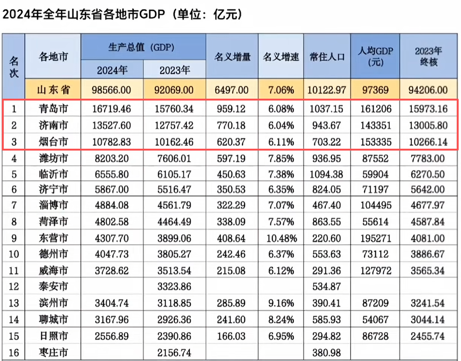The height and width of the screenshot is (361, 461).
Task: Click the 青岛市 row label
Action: pyautogui.click(x=53, y=109)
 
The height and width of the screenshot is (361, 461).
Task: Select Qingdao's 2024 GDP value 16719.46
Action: pyautogui.click(x=112, y=109)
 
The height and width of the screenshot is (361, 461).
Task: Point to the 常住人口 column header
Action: pyautogui.click(x=327, y=57)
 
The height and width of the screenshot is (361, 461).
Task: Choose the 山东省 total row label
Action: pyautogui.click(x=53, y=89)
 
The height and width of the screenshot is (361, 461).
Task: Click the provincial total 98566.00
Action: pyautogui.click(x=112, y=89)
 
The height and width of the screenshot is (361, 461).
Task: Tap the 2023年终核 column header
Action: pyautogui.click(x=428, y=56)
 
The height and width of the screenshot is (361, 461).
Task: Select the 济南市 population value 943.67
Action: pyautogui.click(x=327, y=125)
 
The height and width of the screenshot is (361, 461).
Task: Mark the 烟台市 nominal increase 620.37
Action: pyautogui.click(x=232, y=142)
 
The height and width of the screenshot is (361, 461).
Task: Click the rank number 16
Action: pyautogui.click(x=14, y=352)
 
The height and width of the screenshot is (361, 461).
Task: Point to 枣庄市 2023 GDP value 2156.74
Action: pyautogui.click(x=175, y=352)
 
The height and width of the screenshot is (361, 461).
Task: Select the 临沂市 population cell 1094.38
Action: pyautogui.click(x=327, y=174)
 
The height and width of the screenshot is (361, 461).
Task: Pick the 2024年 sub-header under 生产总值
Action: pyautogui.click(x=112, y=70)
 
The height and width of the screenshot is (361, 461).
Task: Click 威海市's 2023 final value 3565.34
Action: pyautogui.click(x=428, y=271)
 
